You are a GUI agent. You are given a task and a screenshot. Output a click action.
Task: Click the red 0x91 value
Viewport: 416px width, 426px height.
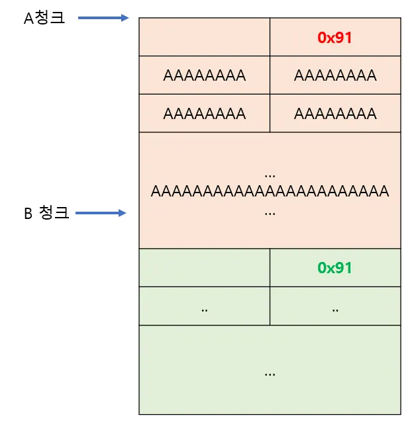pos(335,38)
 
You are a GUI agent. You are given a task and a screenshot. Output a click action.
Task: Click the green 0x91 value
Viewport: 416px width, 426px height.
pos(335,268)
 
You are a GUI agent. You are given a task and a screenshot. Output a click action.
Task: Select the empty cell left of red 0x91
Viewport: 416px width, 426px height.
pos(204,37)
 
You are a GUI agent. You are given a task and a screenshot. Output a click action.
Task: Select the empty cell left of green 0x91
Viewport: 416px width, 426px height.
pos(204,268)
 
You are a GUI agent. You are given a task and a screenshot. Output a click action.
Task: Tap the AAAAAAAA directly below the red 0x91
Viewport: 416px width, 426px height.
pos(335,75)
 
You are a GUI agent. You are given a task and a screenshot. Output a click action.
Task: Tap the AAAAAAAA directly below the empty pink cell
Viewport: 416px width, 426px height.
pos(204,75)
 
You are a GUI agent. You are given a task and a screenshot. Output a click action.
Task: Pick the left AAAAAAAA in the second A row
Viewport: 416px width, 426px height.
pos(204,114)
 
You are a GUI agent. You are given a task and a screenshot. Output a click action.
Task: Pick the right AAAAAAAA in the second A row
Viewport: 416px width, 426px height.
pos(335,114)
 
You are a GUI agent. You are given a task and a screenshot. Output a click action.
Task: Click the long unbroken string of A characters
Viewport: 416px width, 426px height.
pos(270,192)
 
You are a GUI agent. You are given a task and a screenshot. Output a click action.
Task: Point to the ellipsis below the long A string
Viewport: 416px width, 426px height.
pos(270,214)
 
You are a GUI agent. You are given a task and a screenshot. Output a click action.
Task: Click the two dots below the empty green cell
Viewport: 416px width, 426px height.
pos(204,308)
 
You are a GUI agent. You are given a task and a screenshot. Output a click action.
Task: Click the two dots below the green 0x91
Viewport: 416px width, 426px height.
pos(335,308)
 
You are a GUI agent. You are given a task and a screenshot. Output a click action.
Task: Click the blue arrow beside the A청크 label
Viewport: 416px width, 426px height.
pos(103,18)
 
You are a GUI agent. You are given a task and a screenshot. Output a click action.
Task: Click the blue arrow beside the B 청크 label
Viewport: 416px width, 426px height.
pos(101,213)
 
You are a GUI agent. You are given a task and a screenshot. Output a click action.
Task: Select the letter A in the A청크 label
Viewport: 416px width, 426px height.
pos(28,19)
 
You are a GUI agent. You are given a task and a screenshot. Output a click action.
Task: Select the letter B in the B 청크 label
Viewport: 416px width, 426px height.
pos(28,214)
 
